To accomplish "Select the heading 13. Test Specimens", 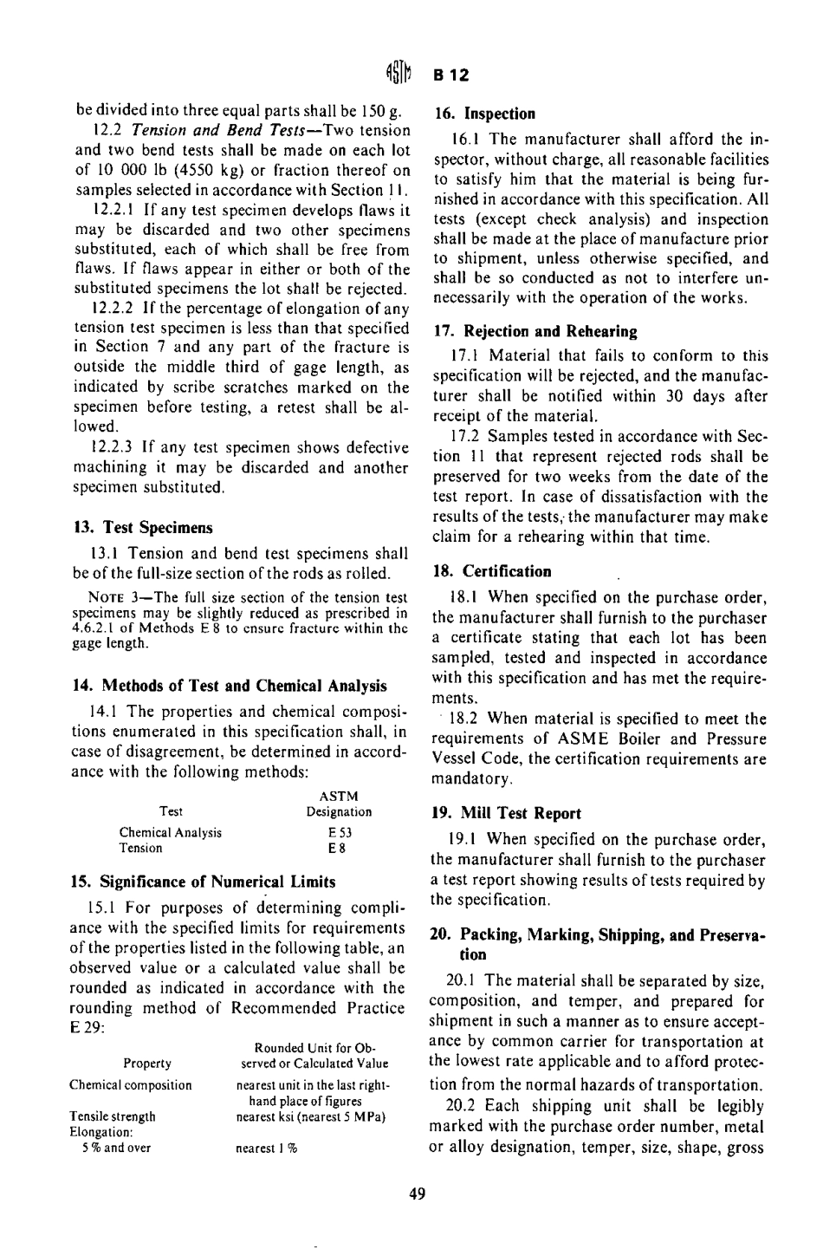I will (140, 527).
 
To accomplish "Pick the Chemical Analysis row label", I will (170, 832).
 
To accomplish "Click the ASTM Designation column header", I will (339, 804).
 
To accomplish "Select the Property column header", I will (147, 1064).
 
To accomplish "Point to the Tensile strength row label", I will (113, 1116).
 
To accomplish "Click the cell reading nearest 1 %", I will (267, 1148).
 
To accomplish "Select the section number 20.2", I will (462, 1106).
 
